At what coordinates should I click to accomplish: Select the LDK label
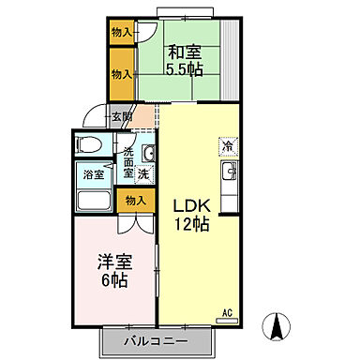click(x=190, y=205)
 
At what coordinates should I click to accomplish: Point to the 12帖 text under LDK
click(x=190, y=224)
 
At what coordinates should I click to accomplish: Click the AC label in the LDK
click(x=226, y=313)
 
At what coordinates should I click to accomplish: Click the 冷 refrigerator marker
click(x=228, y=145)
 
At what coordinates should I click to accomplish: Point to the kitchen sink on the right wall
click(x=228, y=173)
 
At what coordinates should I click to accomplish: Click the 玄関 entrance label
click(x=122, y=118)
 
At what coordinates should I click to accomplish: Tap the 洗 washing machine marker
click(x=142, y=173)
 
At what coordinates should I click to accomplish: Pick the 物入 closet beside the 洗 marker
click(x=135, y=200)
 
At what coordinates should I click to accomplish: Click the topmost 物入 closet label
click(x=122, y=33)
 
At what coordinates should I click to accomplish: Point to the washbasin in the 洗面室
click(x=146, y=152)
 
